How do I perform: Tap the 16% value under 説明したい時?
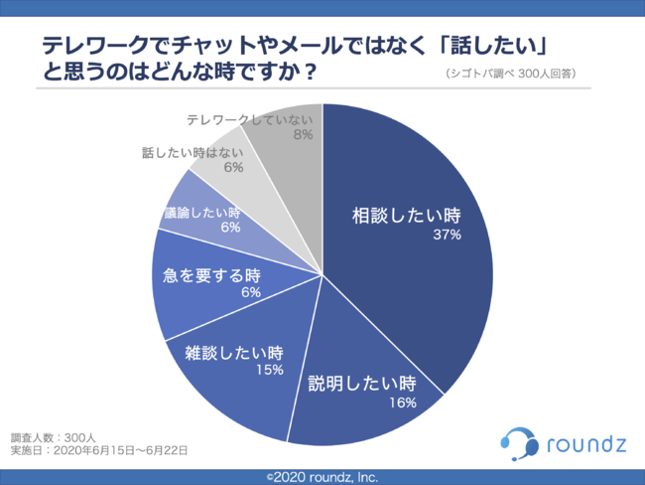click(x=403, y=402)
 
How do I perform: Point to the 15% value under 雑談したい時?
click(x=269, y=369)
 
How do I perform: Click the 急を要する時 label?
click(x=211, y=274)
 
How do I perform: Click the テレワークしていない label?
click(x=249, y=119)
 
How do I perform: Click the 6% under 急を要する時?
click(x=249, y=292)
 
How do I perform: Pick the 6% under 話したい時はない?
click(x=233, y=169)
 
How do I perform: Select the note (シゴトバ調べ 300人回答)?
click(x=505, y=74)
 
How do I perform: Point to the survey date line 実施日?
click(x=99, y=450)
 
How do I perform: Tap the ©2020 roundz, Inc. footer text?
click(x=322, y=477)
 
